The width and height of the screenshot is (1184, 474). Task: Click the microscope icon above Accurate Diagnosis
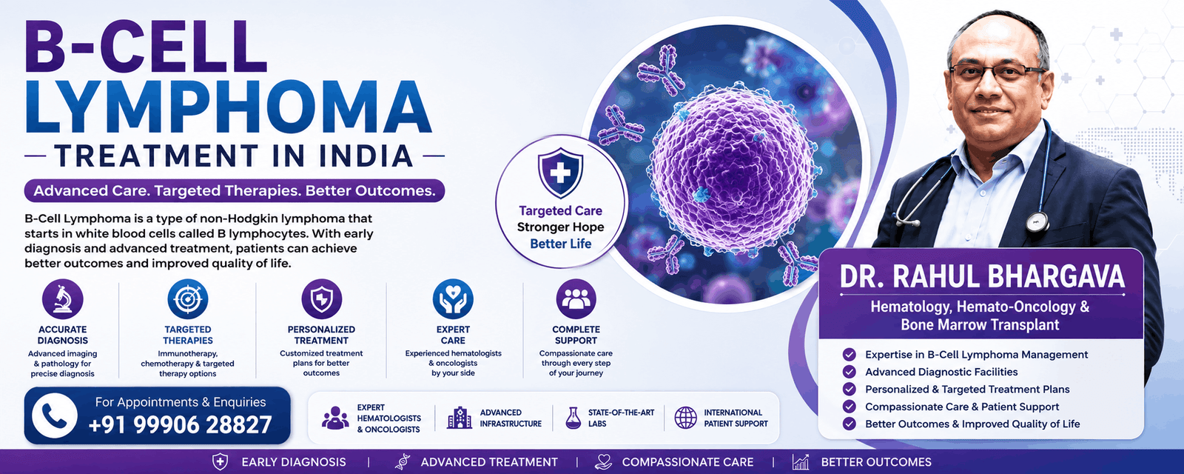(62, 299)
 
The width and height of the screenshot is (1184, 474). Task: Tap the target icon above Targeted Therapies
(188, 299)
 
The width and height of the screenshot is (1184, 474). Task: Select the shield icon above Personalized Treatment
(321, 299)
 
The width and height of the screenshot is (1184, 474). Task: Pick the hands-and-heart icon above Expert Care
(453, 299)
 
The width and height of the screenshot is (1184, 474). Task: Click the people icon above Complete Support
(576, 299)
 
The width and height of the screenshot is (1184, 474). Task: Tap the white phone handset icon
(55, 415)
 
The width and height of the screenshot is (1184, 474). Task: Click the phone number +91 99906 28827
(181, 424)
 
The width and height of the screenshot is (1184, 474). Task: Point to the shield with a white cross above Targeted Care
(560, 173)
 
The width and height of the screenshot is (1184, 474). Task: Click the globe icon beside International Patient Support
(685, 418)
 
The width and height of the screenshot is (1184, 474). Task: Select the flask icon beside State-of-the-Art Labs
(573, 418)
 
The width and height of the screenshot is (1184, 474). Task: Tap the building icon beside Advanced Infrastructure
(460, 418)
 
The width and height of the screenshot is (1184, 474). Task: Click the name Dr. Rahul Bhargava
(982, 277)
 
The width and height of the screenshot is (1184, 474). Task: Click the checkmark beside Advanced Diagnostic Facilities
(849, 372)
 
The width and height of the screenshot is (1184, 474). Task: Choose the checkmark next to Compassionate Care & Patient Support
(849, 407)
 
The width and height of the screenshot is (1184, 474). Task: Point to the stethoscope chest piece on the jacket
(1037, 222)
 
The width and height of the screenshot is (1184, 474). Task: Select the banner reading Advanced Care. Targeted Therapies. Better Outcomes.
(234, 190)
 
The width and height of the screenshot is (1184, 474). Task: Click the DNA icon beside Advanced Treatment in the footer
(403, 462)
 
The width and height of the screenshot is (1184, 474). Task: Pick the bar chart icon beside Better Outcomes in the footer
(800, 462)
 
